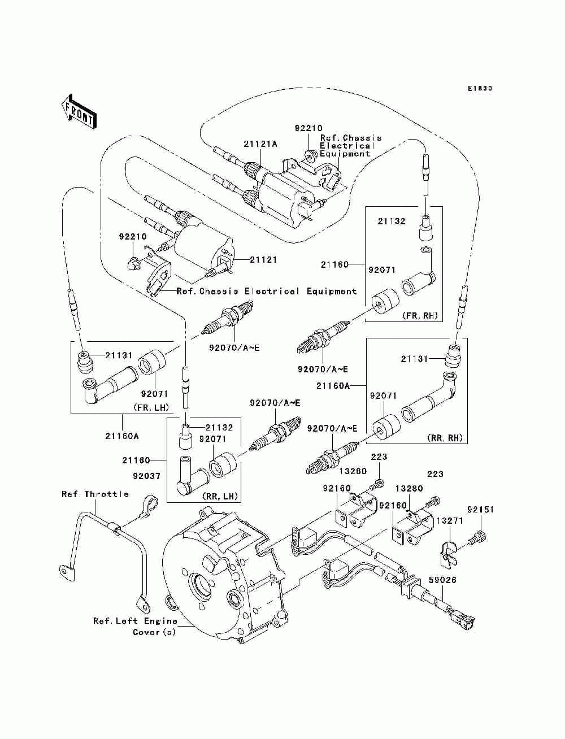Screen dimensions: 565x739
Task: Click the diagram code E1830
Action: (480, 89)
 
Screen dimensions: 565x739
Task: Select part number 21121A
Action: (260, 144)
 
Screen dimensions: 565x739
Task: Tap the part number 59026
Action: (442, 580)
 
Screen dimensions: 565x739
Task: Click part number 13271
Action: (450, 521)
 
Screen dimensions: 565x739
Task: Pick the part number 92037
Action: (146, 476)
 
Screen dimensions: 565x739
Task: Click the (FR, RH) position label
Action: (420, 315)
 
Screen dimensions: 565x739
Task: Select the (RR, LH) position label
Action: (220, 496)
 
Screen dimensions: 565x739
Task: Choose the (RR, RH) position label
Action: (445, 438)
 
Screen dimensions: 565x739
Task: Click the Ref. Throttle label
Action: (95, 494)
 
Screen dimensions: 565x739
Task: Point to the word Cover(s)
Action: (154, 632)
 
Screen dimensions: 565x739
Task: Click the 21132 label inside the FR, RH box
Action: (391, 221)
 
